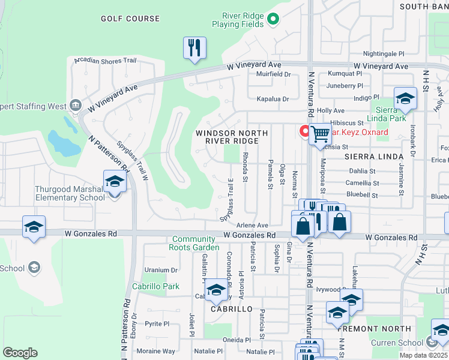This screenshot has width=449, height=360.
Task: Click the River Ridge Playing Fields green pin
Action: tap(273, 19)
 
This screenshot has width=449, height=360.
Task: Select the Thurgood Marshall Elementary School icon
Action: tap(114, 182)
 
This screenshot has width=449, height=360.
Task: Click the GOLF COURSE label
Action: tap(130, 19)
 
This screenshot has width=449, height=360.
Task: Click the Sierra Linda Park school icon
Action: tap(405, 99)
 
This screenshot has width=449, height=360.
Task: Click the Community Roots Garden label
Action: tap(196, 243)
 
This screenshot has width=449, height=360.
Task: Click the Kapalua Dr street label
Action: tap(273, 98)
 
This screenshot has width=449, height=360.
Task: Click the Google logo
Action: tap(20, 353)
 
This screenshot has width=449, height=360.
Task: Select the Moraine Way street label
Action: tap(156, 351)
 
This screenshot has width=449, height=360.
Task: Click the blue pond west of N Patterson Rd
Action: tap(63, 142)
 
